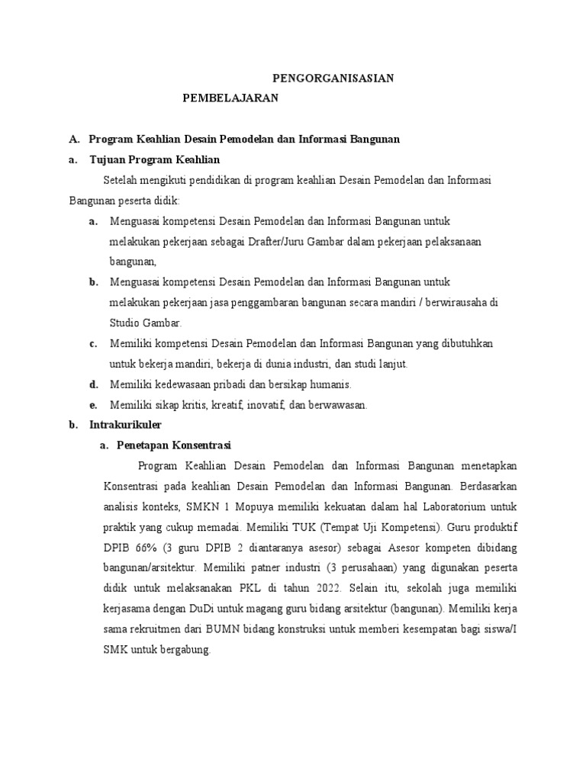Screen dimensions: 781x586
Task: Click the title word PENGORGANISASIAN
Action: pyautogui.click(x=333, y=78)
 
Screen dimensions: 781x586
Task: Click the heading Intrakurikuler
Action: pyautogui.click(x=125, y=425)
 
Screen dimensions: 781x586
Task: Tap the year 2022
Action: pyautogui.click(x=332, y=588)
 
